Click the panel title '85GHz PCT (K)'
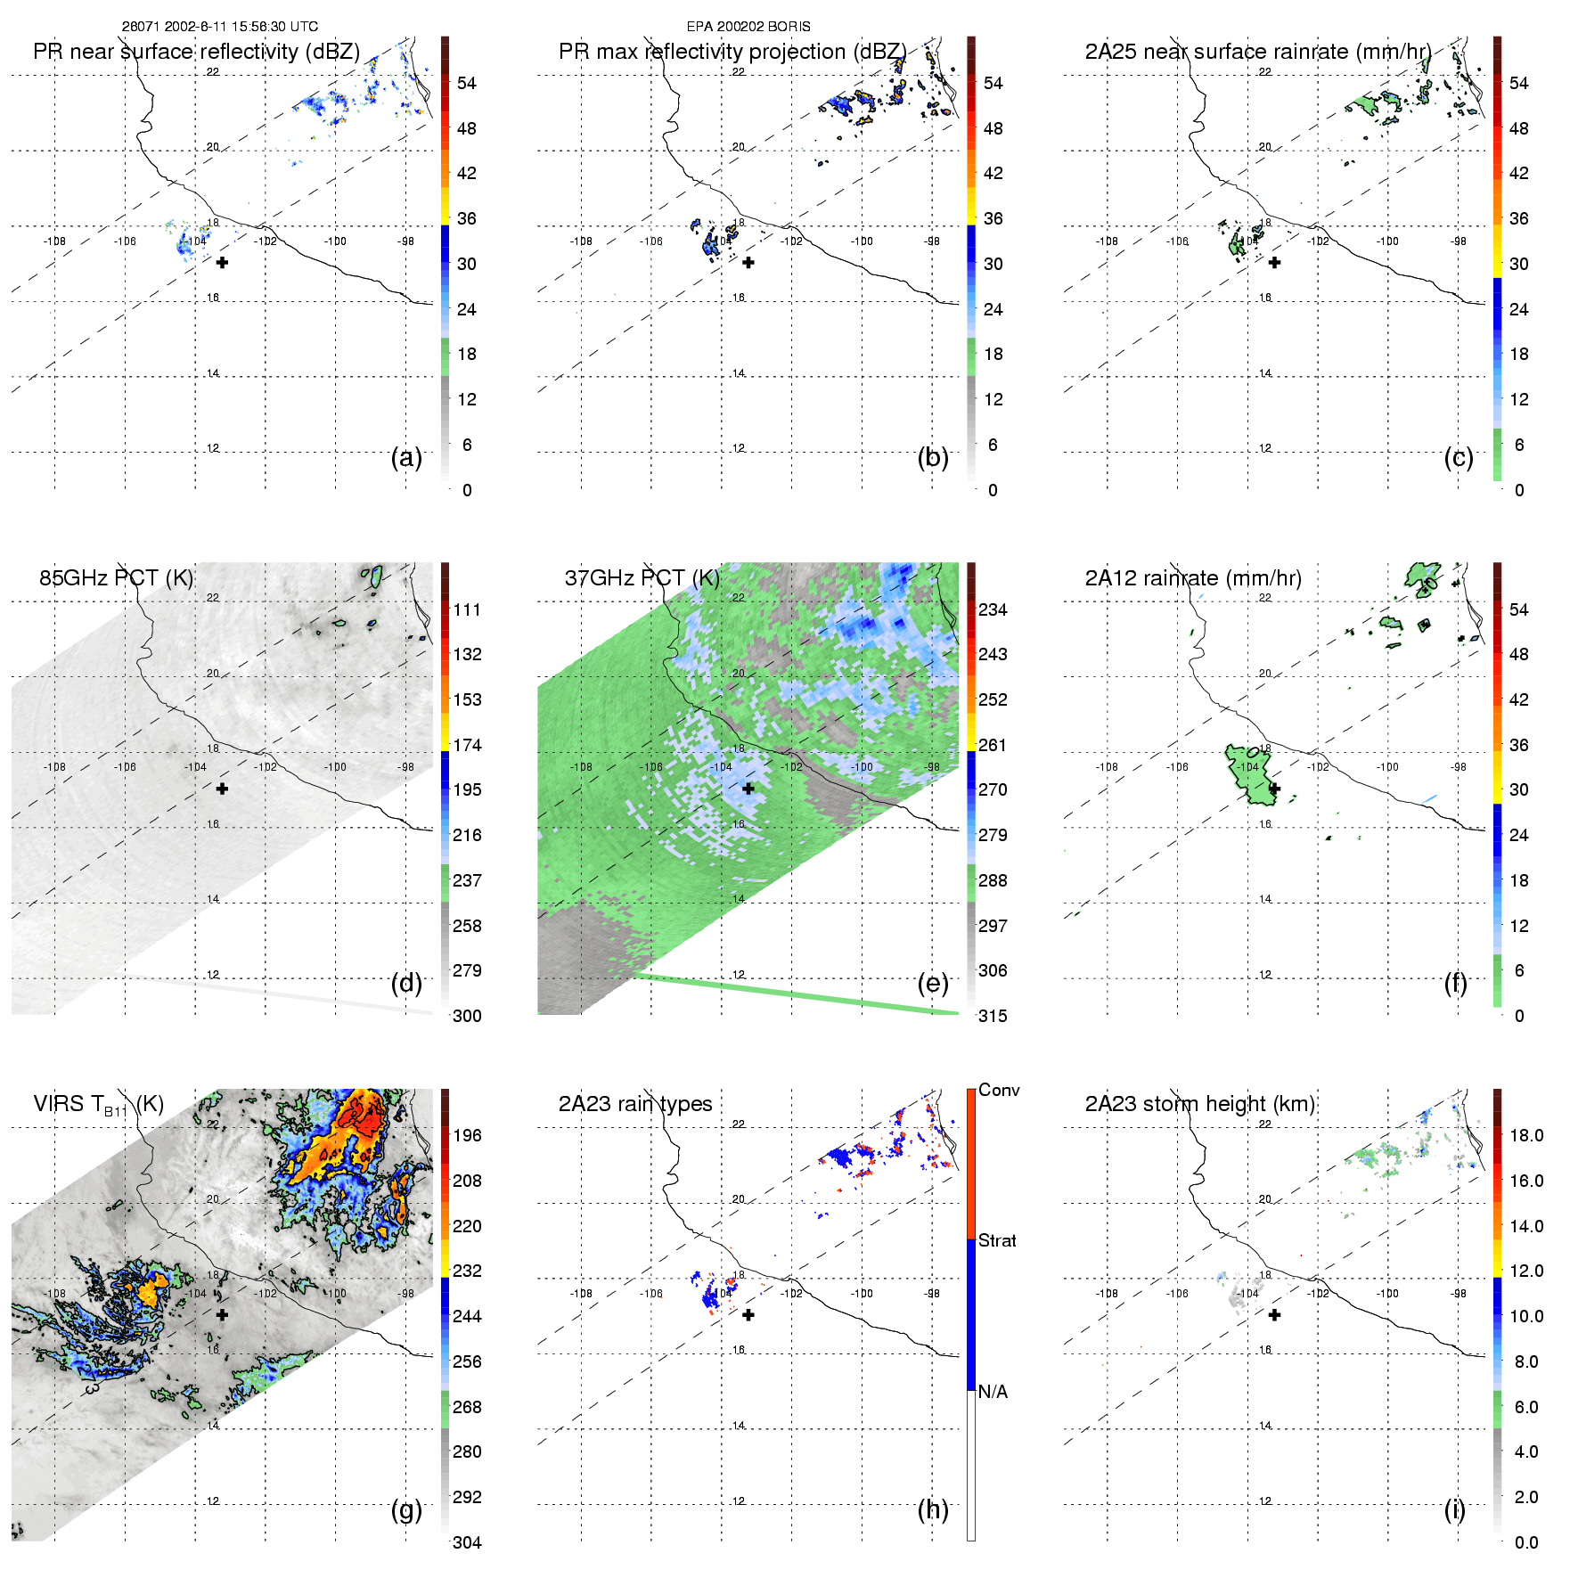tap(116, 578)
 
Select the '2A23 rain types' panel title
tap(634, 1104)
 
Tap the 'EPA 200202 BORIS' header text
tap(748, 27)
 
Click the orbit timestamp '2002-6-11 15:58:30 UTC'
tap(241, 27)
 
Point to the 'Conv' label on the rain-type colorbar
tap(999, 1090)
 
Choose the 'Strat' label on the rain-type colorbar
tap(997, 1240)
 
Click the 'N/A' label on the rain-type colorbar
tap(993, 1392)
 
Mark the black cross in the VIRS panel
tap(222, 1314)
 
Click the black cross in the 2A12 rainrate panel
tap(1274, 789)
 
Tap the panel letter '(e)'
tap(932, 983)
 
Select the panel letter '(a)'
tap(406, 457)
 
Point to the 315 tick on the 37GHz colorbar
tap(993, 1016)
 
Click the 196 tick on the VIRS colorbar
tap(467, 1135)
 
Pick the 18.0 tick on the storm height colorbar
tap(1526, 1135)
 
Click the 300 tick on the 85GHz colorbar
tap(467, 1016)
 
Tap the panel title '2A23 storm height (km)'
tap(1200, 1104)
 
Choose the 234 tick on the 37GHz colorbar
tap(993, 609)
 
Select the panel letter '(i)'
tap(1454, 1509)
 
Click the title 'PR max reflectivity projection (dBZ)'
tap(732, 52)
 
